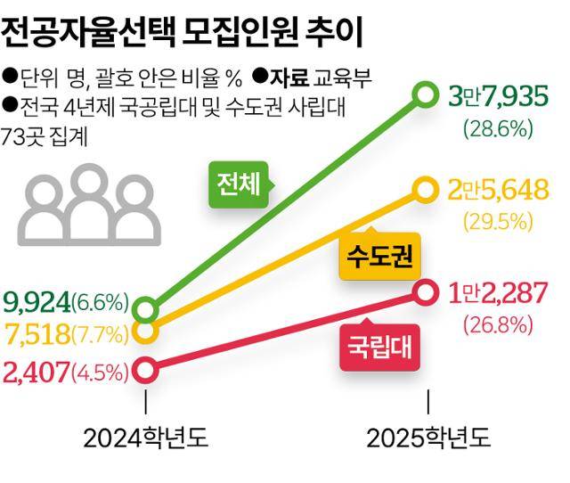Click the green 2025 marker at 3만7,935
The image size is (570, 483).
[x=427, y=92]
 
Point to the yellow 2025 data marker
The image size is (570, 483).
[x=427, y=189]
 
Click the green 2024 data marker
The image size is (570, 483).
[x=147, y=310]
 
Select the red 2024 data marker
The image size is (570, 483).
[x=147, y=368]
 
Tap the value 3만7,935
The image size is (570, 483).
[x=502, y=95]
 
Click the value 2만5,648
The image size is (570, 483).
[x=502, y=190]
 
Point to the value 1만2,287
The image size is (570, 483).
[x=502, y=292]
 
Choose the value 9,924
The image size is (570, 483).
[x=37, y=302]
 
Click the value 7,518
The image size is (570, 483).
[x=37, y=336]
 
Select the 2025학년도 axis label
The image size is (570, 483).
[x=428, y=438]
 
